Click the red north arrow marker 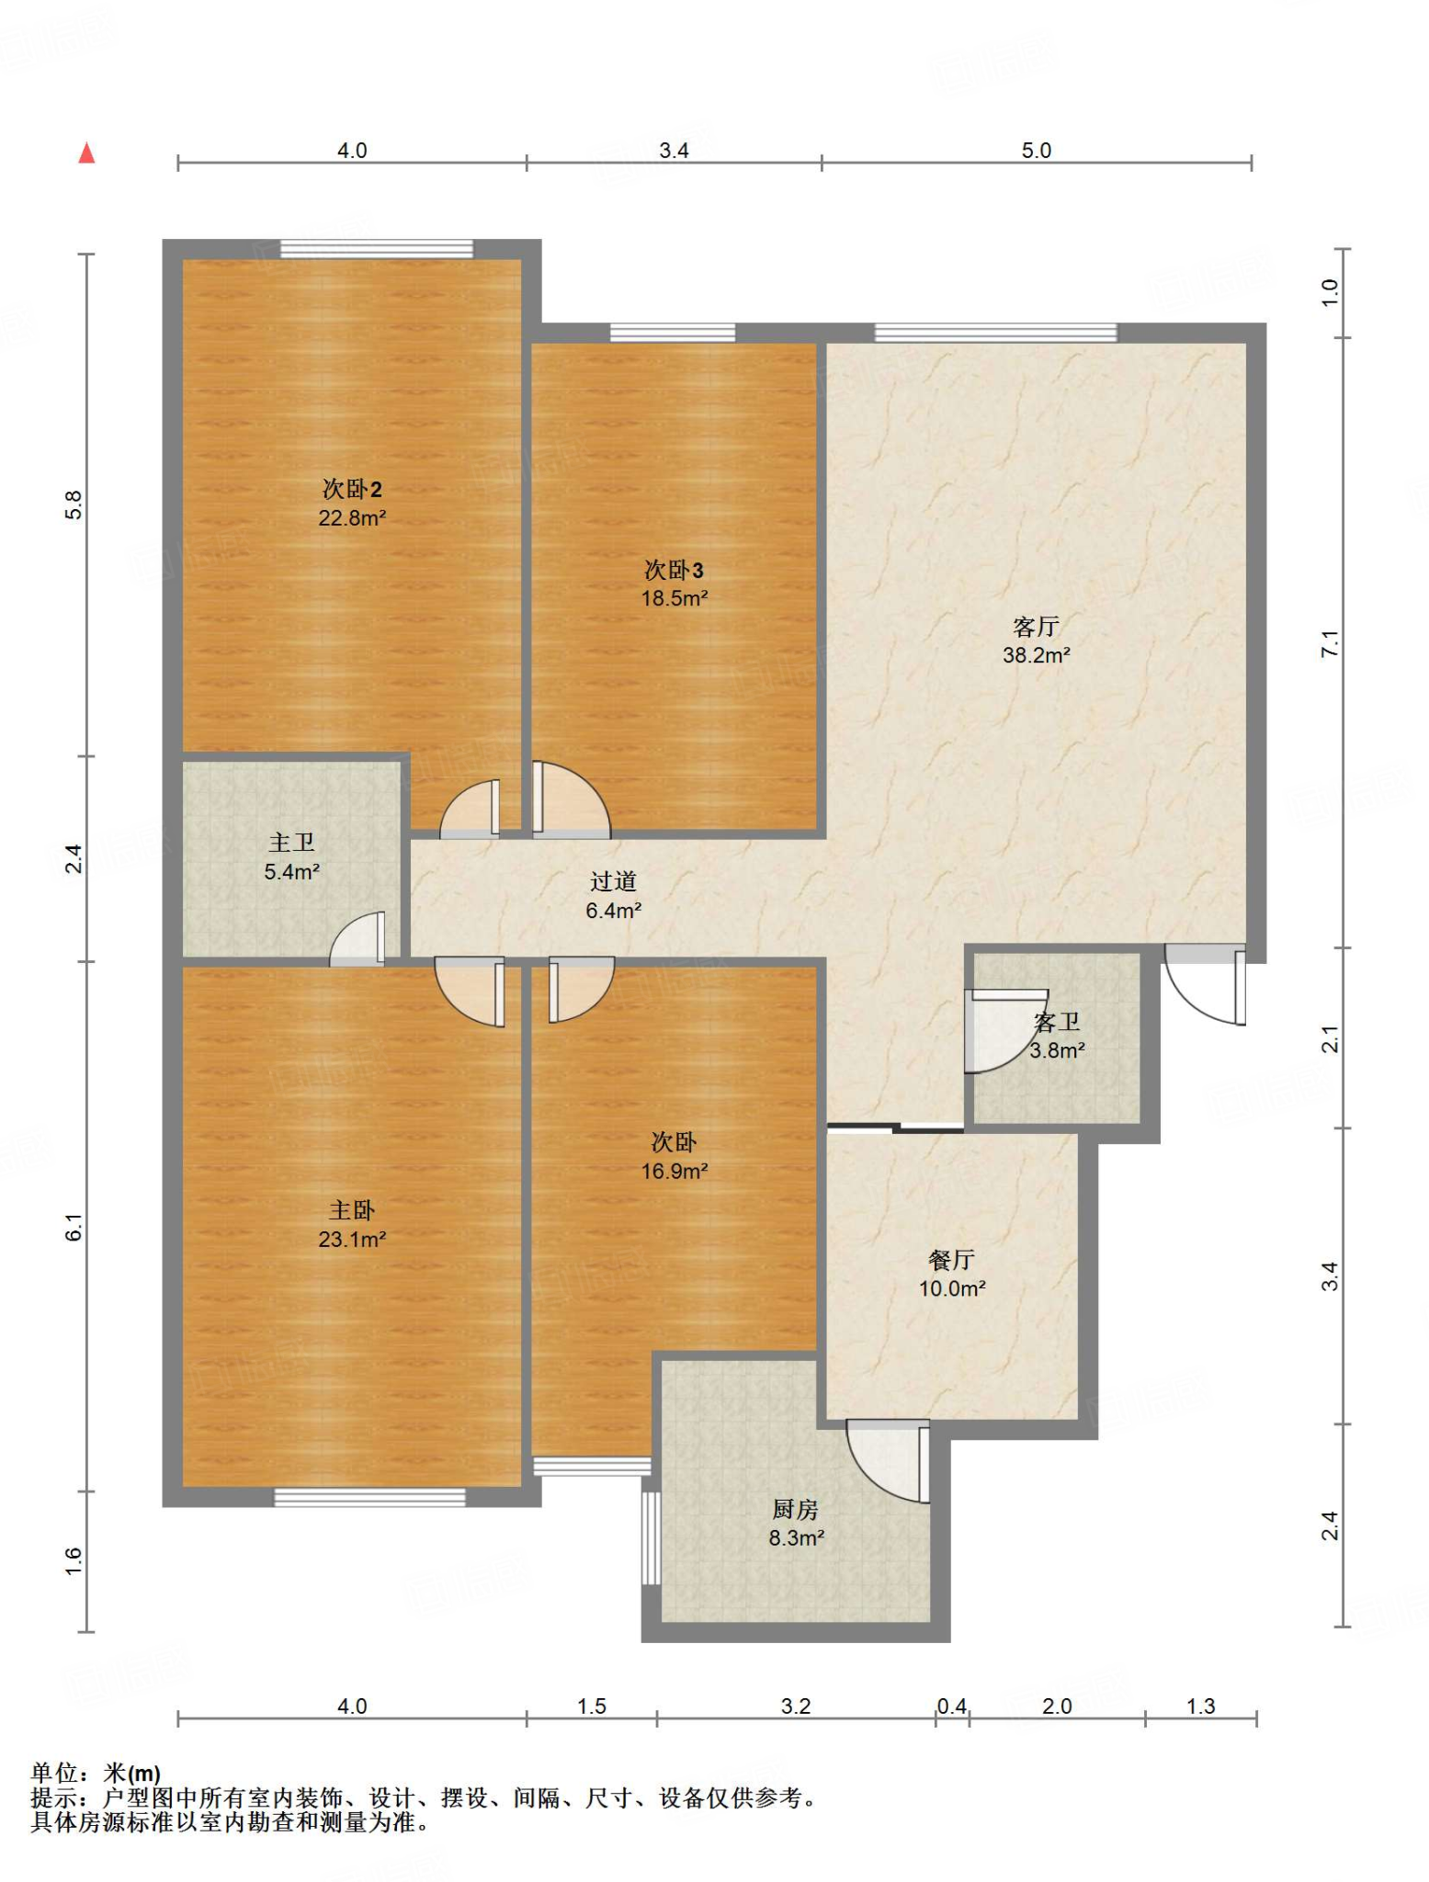click(x=86, y=153)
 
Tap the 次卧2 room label click(x=352, y=489)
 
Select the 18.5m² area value click(x=675, y=598)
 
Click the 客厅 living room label click(x=1036, y=627)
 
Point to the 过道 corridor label click(x=613, y=881)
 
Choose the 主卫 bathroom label click(x=291, y=843)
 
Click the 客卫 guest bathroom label click(x=1057, y=1022)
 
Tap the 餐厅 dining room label click(x=951, y=1260)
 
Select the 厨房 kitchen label click(x=795, y=1509)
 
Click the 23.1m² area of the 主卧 click(x=352, y=1240)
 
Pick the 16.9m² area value click(x=675, y=1172)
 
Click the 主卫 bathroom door click(x=357, y=938)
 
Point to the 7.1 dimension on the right click(x=1330, y=643)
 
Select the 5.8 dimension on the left click(x=74, y=505)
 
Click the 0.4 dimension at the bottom click(x=952, y=1706)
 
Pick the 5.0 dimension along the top click(x=1036, y=151)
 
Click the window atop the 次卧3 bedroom click(x=673, y=333)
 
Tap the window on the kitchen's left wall click(x=651, y=1538)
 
